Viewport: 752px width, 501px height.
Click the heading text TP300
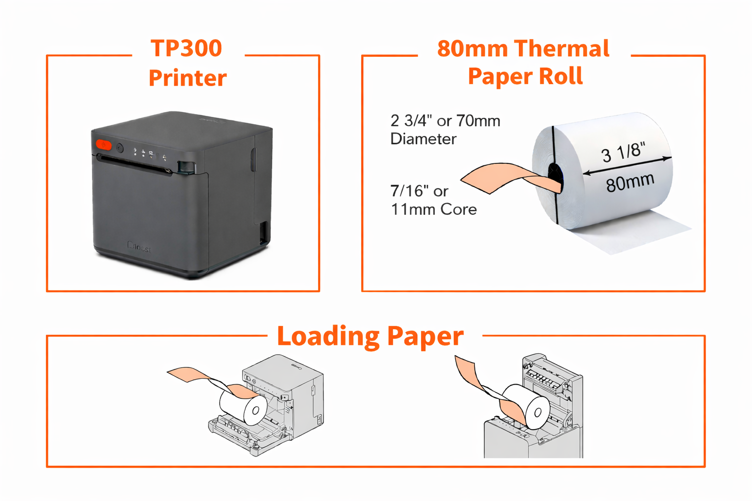pyautogui.click(x=186, y=48)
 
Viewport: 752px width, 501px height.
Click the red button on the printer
pyautogui.click(x=104, y=145)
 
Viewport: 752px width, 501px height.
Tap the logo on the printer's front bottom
pyautogui.click(x=140, y=247)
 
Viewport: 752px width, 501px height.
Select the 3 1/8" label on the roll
pyautogui.click(x=623, y=152)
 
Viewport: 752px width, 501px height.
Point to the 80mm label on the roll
pyautogui.click(x=630, y=182)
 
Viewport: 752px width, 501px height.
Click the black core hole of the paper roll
pyautogui.click(x=555, y=174)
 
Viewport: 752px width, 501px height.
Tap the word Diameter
pyautogui.click(x=423, y=139)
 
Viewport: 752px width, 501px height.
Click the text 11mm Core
pyautogui.click(x=433, y=209)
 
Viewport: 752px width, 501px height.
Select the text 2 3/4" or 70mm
pyautogui.click(x=445, y=121)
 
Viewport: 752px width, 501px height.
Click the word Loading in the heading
pyautogui.click(x=328, y=337)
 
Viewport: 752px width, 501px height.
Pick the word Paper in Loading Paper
pyautogui.click(x=425, y=337)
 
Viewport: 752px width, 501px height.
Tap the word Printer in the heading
pyautogui.click(x=188, y=78)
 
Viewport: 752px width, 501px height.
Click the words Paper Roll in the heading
pyautogui.click(x=525, y=76)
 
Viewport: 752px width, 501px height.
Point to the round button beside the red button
pyautogui.click(x=119, y=148)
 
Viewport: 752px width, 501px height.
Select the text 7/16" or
pyautogui.click(x=419, y=191)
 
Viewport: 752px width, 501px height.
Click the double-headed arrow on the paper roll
pyautogui.click(x=627, y=165)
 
